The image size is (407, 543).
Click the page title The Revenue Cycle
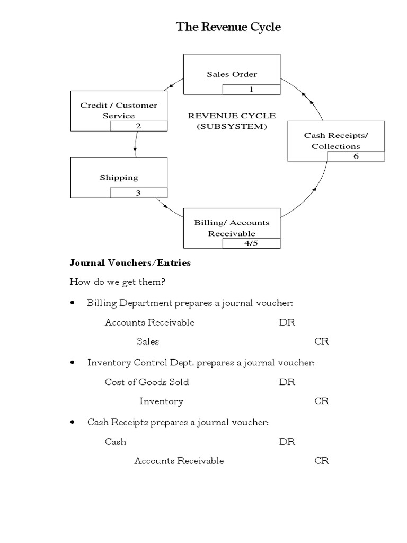[x=228, y=28]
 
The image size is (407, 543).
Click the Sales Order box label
[x=232, y=74]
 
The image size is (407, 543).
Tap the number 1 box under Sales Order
[x=251, y=89]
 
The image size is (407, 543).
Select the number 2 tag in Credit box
[x=138, y=126]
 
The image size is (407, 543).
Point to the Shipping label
[x=119, y=178]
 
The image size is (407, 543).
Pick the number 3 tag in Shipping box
[x=138, y=193]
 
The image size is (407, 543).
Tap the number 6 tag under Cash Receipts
[x=356, y=156]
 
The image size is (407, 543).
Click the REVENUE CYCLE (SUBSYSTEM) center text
[x=232, y=121]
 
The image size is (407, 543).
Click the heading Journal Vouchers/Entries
[x=130, y=262]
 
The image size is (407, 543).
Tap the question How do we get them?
[x=118, y=282]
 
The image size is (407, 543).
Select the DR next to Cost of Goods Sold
[x=287, y=382]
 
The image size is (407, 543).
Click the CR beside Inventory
[x=322, y=401]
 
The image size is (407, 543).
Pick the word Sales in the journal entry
[x=148, y=341]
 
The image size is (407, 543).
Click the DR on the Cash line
[x=287, y=441]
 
